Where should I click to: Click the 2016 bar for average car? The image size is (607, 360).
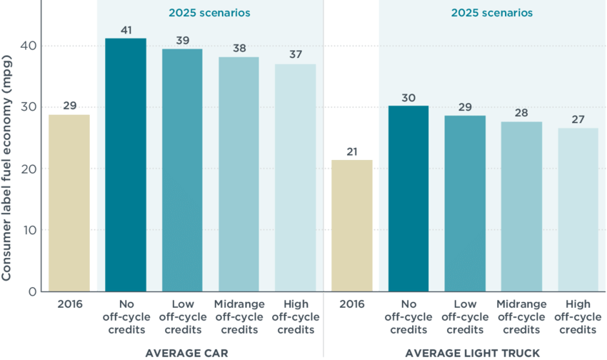coord(69,203)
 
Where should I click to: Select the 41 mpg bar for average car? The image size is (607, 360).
coord(126,165)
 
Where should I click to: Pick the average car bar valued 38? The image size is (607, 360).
coord(239,174)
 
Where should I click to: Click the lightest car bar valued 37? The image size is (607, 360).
coord(295,178)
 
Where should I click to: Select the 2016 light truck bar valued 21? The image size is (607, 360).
coord(352,225)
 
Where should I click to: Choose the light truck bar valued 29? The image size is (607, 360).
coord(465,204)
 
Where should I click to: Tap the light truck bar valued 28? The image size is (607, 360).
coord(521,206)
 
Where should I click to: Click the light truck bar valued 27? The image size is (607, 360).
coord(578,210)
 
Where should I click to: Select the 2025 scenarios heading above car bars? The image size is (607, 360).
coord(209,13)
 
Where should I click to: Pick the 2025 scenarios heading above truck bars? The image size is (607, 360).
coord(491,13)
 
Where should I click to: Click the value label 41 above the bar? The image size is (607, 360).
coord(126,30)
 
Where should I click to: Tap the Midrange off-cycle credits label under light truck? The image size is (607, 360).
coord(521,317)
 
